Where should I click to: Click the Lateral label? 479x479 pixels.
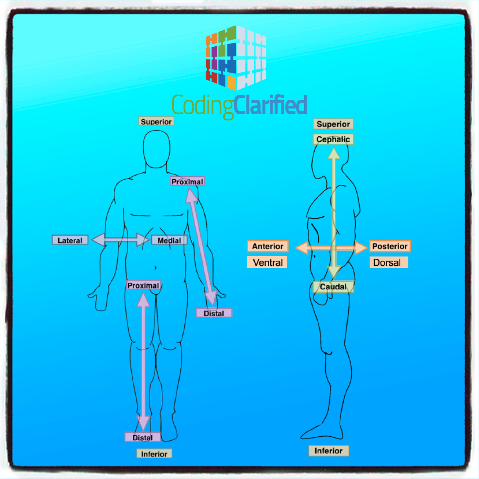(70, 240)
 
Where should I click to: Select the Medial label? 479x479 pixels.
(169, 240)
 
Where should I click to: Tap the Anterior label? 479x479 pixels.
(268, 246)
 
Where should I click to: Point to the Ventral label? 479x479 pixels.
(267, 262)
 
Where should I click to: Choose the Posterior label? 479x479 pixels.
(390, 246)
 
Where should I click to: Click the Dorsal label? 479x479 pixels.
(389, 262)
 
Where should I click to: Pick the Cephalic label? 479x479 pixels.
(333, 139)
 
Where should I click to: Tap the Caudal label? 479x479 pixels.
(333, 287)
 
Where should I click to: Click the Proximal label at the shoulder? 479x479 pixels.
(187, 182)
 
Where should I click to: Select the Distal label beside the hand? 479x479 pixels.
(214, 313)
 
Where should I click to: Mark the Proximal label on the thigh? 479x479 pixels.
(143, 285)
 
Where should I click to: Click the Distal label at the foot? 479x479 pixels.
(143, 437)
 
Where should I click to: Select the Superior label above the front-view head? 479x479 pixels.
(156, 121)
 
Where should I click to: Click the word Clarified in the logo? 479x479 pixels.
(270, 105)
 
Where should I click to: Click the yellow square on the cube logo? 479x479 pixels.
(232, 83)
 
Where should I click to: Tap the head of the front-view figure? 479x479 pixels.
(156, 149)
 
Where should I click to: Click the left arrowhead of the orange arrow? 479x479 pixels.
(302, 248)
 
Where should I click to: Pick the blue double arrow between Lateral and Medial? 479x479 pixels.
(120, 239)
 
